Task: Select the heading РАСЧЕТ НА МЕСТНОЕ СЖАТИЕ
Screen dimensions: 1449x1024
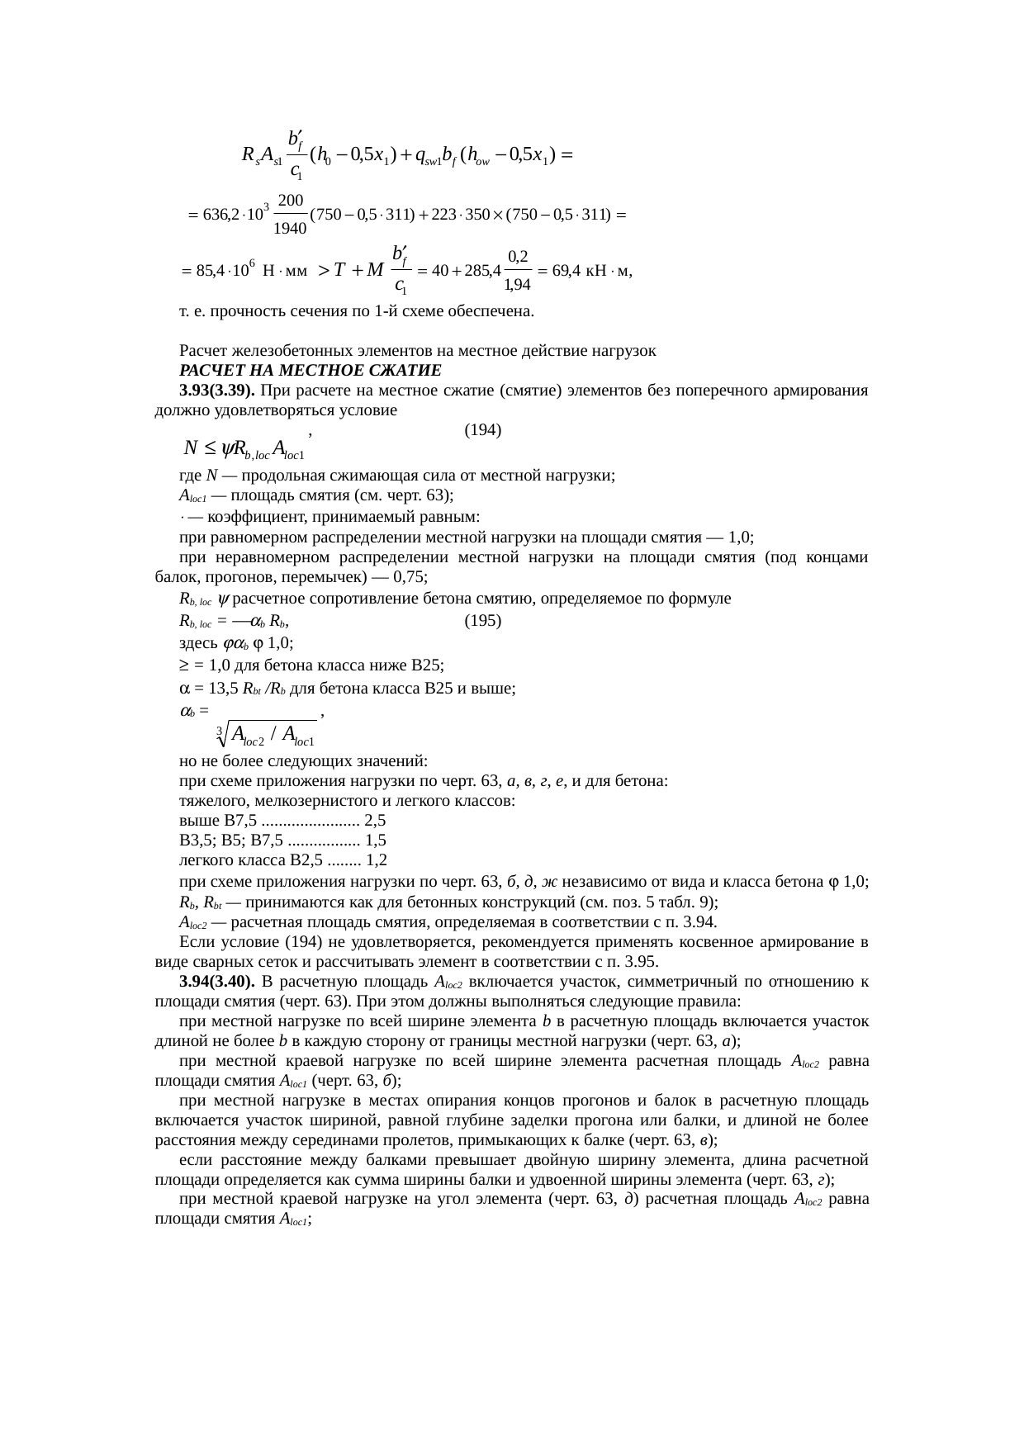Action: pos(311,369)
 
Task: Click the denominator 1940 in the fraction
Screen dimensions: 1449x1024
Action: pos(290,228)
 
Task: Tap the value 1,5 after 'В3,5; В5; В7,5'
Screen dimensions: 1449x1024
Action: pos(376,841)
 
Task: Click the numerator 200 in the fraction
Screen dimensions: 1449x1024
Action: pos(291,201)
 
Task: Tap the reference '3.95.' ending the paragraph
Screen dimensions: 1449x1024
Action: pos(642,962)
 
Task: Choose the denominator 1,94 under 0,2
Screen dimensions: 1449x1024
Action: pos(517,285)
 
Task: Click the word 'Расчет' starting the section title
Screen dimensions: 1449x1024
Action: pos(201,350)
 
